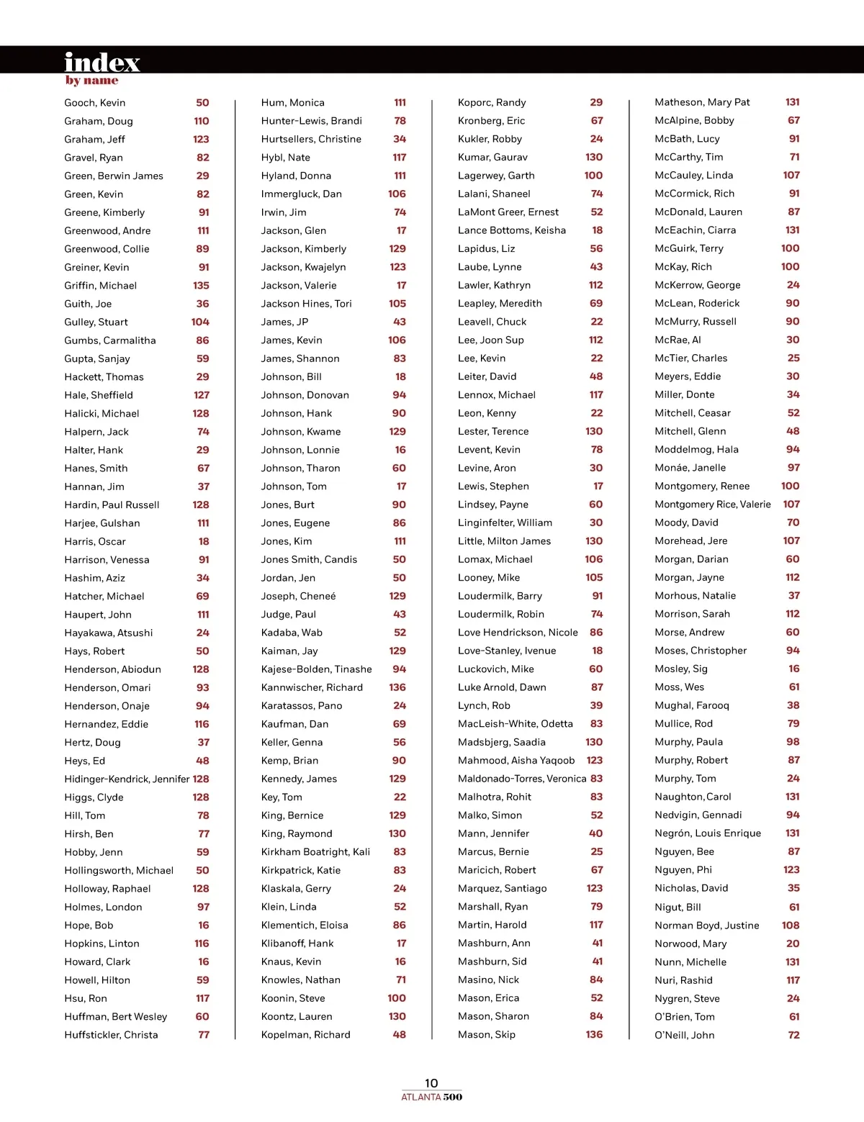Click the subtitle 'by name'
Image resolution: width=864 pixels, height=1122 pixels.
pos(91,81)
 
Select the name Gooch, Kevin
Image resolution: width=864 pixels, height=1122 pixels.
pos(94,103)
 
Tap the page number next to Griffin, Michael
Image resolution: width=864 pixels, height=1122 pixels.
pos(201,286)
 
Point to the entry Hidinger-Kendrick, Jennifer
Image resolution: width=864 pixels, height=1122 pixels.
pos(127,779)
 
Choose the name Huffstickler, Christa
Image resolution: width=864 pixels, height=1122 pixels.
pos(111,1035)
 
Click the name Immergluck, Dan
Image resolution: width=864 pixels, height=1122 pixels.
pos(301,194)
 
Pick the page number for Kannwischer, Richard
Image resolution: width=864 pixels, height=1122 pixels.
pos(397,688)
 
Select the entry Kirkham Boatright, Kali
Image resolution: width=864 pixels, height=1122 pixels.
pos(315,852)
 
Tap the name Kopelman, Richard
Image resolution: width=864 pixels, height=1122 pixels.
pos(305,1035)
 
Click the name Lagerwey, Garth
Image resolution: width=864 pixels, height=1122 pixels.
pos(496,176)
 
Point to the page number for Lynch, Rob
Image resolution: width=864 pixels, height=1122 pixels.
pos(596,706)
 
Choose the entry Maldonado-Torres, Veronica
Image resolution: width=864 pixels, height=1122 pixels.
pos(522,779)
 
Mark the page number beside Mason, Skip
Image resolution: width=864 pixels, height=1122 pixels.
pos(594,1035)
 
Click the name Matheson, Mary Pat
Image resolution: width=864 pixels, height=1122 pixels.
pos(702,102)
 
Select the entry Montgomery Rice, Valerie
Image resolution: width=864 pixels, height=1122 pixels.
pos(712,505)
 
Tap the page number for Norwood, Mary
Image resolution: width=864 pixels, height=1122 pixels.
pos(793,944)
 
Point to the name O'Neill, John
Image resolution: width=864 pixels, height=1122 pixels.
pos(684,1036)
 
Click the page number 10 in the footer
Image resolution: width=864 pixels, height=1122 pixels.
pos(431,1083)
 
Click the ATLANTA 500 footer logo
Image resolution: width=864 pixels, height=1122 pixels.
pos(431,1098)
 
